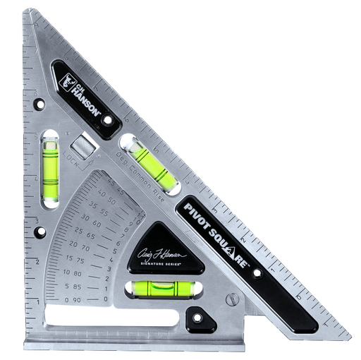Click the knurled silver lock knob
click(x=84, y=148)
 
